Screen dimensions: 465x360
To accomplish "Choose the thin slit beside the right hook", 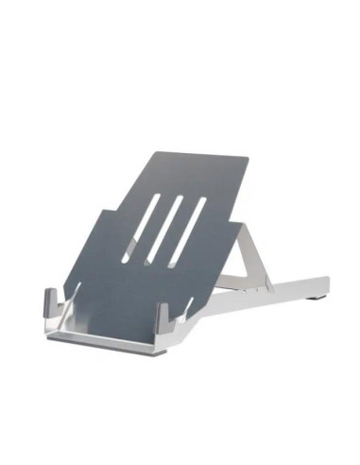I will (x=190, y=307).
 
